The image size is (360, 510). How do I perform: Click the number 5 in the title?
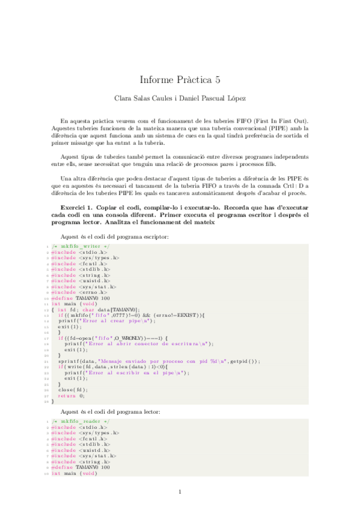coord(218,79)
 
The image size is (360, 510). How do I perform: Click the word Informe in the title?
coord(157,79)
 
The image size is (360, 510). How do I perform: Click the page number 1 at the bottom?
coord(180,493)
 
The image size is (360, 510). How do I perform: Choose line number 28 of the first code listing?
coord(46,401)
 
